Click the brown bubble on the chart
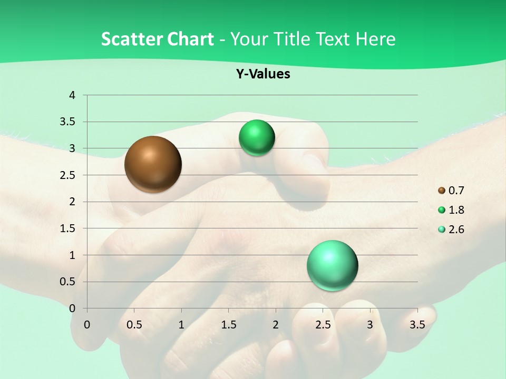(153, 164)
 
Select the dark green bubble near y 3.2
(257, 138)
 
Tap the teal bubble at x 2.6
(332, 265)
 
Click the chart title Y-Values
(263, 74)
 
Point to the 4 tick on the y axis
(73, 95)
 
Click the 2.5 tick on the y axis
(67, 175)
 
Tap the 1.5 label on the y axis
(67, 228)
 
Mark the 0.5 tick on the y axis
(67, 282)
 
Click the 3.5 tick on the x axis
(417, 325)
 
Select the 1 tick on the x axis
(181, 325)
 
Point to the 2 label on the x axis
(276, 325)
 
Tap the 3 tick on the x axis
(370, 325)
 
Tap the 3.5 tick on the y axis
(67, 122)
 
